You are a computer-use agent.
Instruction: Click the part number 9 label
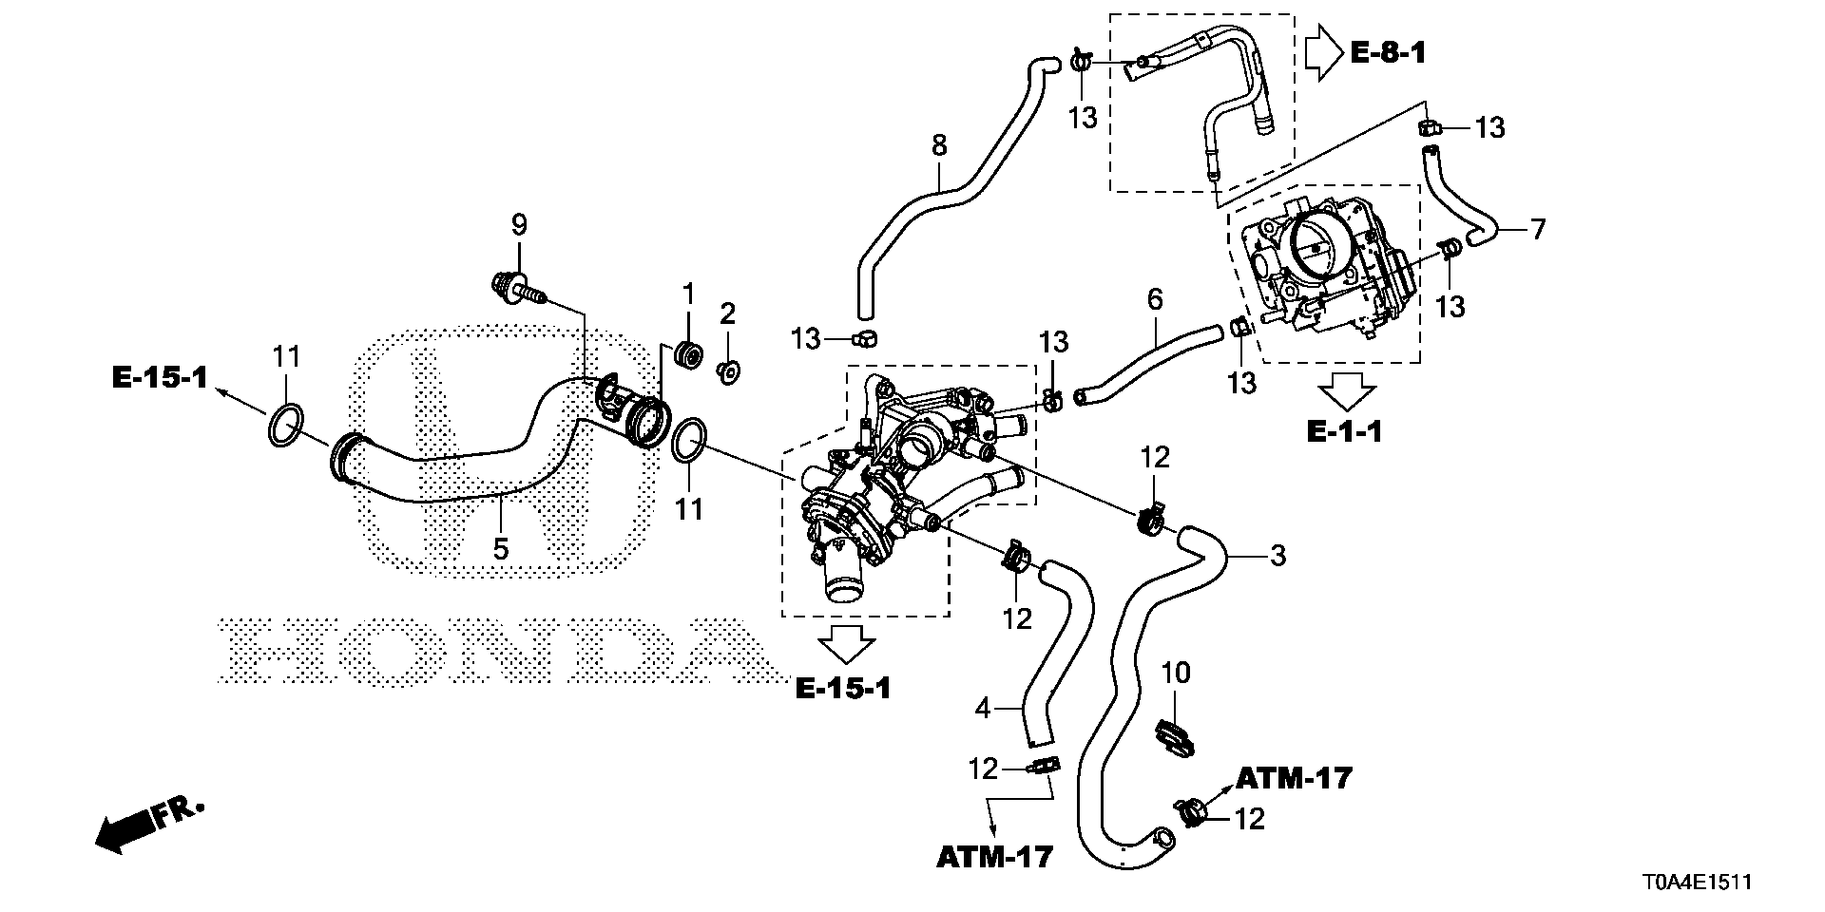tap(518, 225)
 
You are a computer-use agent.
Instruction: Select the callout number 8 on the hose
tap(939, 145)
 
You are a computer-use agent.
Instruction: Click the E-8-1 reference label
tap(1388, 53)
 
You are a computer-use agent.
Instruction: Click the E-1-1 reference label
tap(1344, 432)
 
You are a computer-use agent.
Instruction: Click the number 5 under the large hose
tap(501, 549)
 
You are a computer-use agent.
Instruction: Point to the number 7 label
tap(1537, 228)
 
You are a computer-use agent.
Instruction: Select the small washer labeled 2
tap(730, 371)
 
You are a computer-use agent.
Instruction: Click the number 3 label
tap(1277, 555)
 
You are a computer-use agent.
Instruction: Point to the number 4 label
tap(984, 708)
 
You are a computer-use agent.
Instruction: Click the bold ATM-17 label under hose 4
tap(994, 857)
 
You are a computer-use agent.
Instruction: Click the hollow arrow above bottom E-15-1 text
tap(847, 643)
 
